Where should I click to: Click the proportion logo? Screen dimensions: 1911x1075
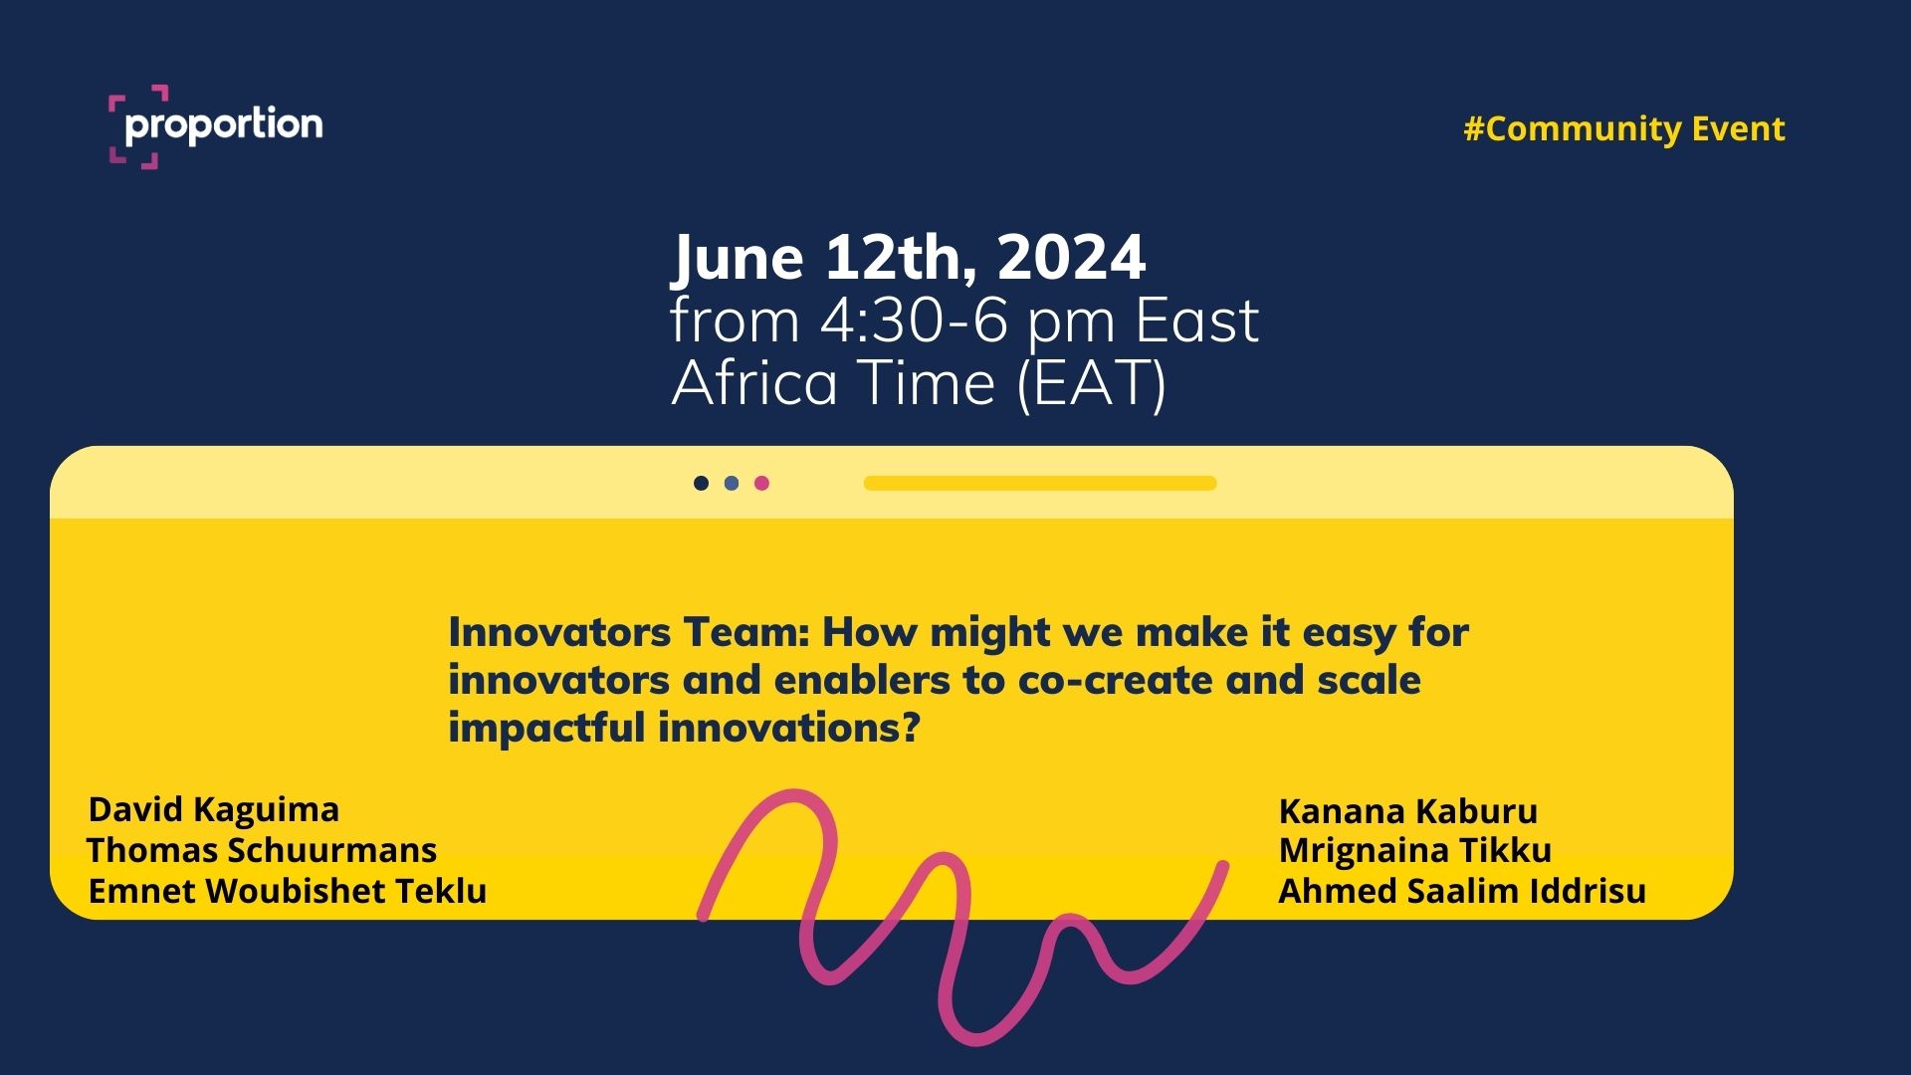(x=215, y=126)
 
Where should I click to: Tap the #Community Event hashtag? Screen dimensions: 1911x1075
(x=1624, y=128)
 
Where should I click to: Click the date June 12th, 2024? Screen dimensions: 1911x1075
(x=909, y=257)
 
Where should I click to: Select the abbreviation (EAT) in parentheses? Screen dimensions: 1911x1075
(x=1091, y=383)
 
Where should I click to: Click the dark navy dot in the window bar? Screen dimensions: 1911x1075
(x=701, y=483)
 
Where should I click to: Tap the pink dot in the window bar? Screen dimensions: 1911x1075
(x=761, y=483)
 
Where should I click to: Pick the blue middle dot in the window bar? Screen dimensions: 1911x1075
(x=732, y=483)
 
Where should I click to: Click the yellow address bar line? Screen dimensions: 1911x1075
(x=1040, y=483)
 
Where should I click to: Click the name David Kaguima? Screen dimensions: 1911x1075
(x=214, y=810)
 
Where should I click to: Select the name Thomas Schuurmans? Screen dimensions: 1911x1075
(x=262, y=850)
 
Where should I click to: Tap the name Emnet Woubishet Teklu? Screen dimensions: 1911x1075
(x=288, y=891)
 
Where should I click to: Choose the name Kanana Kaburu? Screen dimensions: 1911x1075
(x=1408, y=811)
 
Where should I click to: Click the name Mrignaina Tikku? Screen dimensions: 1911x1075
(x=1415, y=850)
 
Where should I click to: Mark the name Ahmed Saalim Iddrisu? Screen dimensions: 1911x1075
(x=1462, y=891)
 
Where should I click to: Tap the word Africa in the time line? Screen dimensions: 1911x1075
(x=754, y=383)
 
